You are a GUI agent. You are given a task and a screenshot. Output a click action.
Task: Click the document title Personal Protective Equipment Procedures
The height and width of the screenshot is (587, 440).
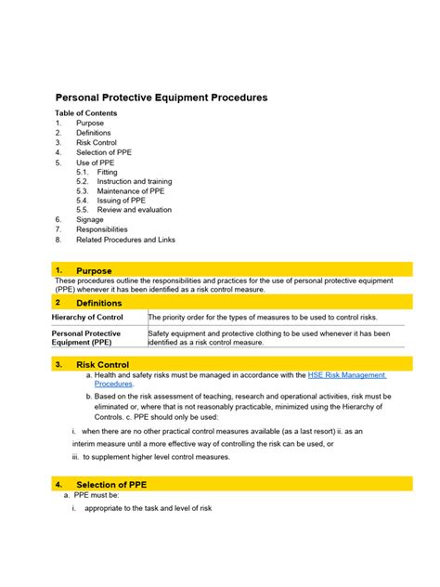click(x=162, y=97)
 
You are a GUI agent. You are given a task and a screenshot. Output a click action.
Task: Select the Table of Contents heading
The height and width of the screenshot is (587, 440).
click(x=85, y=113)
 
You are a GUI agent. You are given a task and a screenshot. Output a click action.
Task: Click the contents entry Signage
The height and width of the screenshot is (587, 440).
click(x=90, y=220)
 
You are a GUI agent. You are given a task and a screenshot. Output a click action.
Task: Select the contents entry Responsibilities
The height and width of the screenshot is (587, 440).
click(x=102, y=229)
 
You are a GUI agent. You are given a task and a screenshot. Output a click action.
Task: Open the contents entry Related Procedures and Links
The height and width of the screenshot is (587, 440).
click(x=125, y=240)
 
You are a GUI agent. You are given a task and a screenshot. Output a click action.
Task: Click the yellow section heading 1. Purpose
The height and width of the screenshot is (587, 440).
click(x=94, y=270)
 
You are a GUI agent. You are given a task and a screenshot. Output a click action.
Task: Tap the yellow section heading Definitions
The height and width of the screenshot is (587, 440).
click(x=98, y=303)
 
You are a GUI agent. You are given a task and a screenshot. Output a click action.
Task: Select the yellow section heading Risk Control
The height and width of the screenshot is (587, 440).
click(x=102, y=364)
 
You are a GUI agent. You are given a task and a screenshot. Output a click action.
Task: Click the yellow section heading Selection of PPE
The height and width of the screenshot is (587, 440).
click(x=110, y=485)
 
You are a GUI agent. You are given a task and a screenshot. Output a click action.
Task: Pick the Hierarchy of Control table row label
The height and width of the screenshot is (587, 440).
click(x=87, y=318)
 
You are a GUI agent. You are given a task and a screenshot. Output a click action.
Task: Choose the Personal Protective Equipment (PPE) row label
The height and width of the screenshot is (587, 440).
click(x=85, y=337)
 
